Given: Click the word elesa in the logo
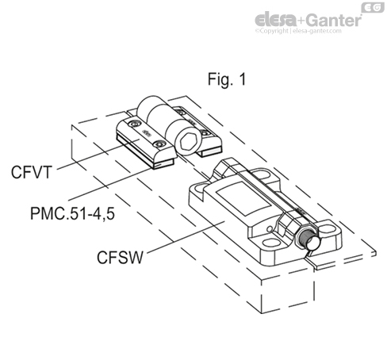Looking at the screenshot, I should coord(276,18).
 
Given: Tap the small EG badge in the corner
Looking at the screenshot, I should coord(371,7).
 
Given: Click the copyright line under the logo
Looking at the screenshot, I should coord(314,33).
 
